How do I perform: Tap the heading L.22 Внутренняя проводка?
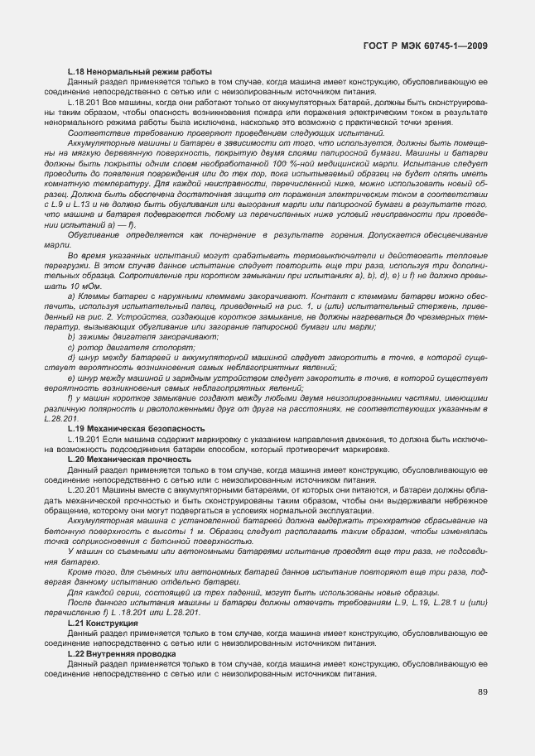[121, 653]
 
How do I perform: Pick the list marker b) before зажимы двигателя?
[71, 337]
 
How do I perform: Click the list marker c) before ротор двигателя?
[71, 347]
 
